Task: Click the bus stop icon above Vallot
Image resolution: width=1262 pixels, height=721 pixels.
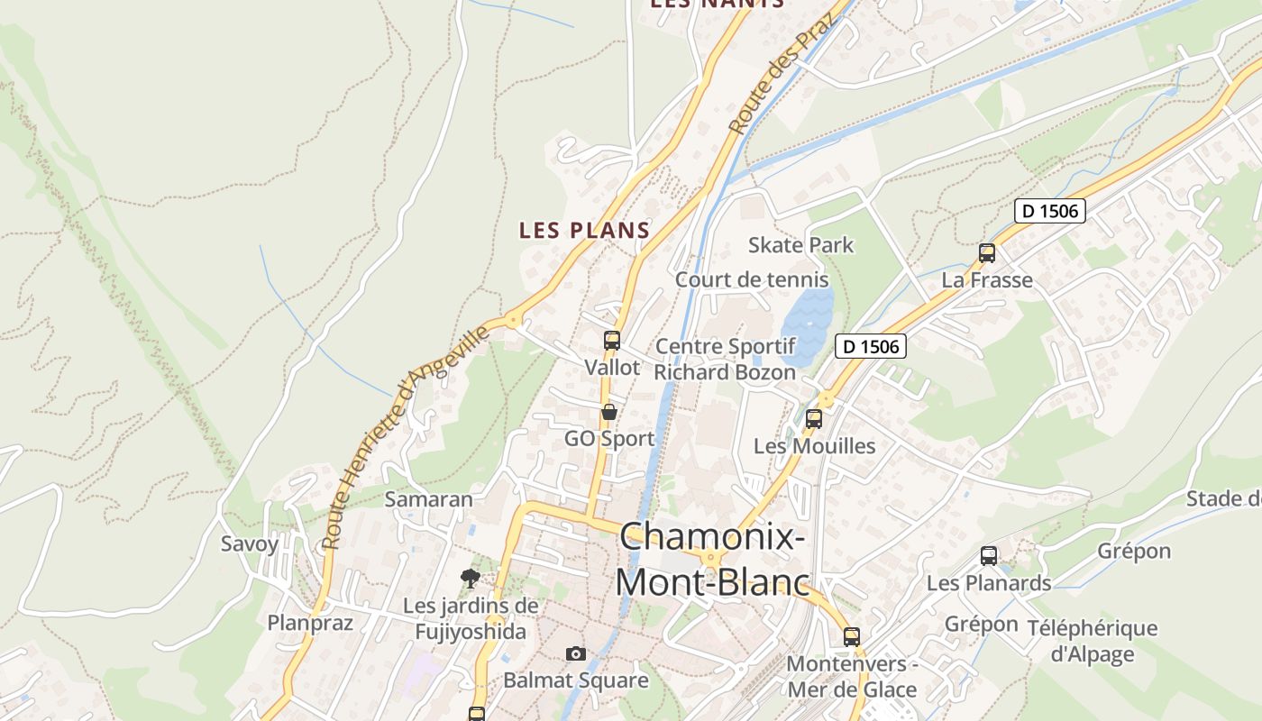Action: click(x=612, y=341)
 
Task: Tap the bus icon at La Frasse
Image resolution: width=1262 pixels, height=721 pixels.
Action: click(x=987, y=253)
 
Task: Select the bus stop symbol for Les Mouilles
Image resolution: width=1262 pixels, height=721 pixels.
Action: click(x=814, y=419)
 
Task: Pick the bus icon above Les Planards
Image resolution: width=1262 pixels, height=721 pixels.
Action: click(x=989, y=556)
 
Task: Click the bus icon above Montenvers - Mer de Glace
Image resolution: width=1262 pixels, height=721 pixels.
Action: click(x=852, y=637)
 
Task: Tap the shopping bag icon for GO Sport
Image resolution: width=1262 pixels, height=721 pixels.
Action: click(x=609, y=413)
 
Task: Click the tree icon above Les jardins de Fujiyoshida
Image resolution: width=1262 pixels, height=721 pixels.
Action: click(x=469, y=578)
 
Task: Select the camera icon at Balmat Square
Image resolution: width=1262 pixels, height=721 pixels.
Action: click(x=576, y=653)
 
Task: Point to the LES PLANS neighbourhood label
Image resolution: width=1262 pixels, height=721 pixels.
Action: click(x=584, y=231)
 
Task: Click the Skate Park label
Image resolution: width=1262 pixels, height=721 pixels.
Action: click(x=800, y=245)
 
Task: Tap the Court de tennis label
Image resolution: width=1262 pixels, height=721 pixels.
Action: click(x=739, y=279)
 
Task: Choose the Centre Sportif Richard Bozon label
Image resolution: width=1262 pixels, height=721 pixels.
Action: click(x=725, y=359)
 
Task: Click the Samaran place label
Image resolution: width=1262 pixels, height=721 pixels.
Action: click(x=429, y=499)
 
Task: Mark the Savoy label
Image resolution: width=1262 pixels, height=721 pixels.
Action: click(x=250, y=543)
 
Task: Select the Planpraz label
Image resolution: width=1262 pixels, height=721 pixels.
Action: click(x=310, y=623)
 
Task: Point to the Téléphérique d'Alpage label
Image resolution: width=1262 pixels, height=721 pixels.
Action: click(x=1092, y=641)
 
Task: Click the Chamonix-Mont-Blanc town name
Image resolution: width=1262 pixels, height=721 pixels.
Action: click(x=712, y=560)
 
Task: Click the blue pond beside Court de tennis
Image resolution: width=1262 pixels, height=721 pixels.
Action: click(x=807, y=324)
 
